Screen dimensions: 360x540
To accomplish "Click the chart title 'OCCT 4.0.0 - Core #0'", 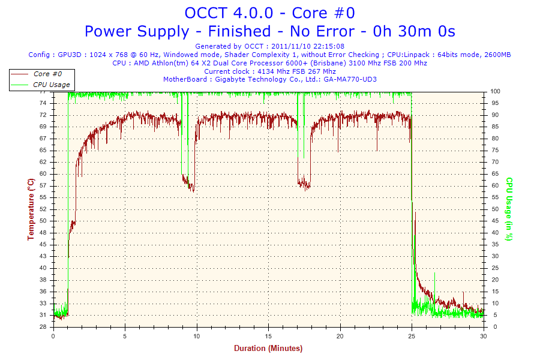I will tap(269, 13).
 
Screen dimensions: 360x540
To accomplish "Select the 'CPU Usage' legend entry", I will tap(51, 85).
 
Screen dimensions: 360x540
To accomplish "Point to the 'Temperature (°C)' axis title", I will tap(31, 209).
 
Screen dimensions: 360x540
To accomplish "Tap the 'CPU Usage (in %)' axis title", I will tap(509, 209).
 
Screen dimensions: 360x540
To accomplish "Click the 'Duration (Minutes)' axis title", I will tap(268, 348).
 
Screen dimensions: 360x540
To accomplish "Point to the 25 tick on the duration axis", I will tap(412, 336).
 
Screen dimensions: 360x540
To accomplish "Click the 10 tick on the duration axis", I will tap(197, 336).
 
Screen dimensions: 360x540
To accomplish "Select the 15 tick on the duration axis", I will tap(268, 336).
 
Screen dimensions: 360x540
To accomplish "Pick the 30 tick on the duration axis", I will tap(484, 336).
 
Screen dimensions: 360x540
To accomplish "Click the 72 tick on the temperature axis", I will tap(43, 115).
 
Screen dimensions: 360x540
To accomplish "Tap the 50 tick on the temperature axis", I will tap(43, 221).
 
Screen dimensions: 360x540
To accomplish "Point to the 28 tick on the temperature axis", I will tap(43, 327).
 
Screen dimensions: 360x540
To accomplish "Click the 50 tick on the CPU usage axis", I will tap(494, 209).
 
